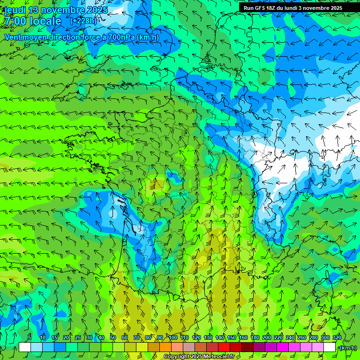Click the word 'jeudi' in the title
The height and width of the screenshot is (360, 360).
click(15, 10)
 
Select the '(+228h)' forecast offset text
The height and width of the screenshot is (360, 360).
click(83, 21)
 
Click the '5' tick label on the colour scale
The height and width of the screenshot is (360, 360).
click(30, 337)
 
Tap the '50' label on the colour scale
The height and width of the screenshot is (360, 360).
click(113, 337)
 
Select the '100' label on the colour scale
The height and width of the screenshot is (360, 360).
click(173, 337)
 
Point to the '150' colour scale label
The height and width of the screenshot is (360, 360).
click(232, 337)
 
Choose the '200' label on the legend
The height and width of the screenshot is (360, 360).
click(267, 337)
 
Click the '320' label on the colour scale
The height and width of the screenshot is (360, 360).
click(337, 337)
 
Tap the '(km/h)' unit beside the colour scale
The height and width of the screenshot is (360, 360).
click(347, 348)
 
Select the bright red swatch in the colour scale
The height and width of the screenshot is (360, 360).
click(224, 347)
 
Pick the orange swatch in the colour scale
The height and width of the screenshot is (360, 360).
click(165, 347)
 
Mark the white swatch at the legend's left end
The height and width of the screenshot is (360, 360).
click(25, 347)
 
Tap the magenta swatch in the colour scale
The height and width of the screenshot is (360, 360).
click(283, 347)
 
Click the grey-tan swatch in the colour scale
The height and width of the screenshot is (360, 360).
click(189, 347)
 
